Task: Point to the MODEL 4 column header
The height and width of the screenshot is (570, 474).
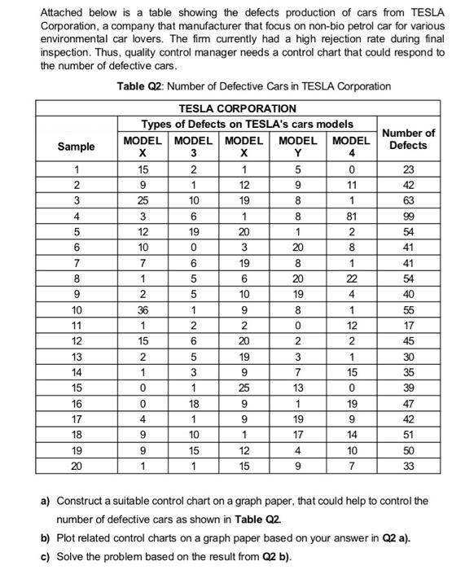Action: tap(351, 147)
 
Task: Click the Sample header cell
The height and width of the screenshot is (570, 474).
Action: tap(75, 147)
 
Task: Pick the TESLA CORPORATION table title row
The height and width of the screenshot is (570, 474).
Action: tap(236, 108)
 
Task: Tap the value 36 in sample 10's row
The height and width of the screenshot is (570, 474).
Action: tap(143, 311)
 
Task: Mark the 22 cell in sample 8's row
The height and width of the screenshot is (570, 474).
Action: tap(351, 280)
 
